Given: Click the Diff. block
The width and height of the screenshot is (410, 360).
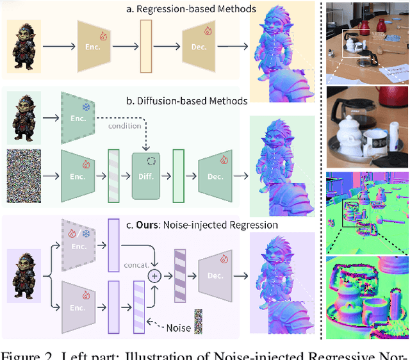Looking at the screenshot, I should coord(149,174).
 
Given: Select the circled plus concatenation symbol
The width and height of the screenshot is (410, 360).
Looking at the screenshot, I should coord(154,275).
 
